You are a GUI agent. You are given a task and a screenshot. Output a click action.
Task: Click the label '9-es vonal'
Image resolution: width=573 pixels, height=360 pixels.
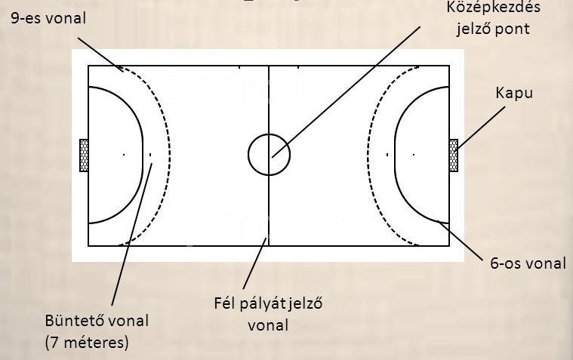pyautogui.click(x=48, y=18)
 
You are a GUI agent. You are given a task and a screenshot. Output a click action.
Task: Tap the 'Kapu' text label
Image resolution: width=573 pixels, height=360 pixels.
pyautogui.click(x=514, y=93)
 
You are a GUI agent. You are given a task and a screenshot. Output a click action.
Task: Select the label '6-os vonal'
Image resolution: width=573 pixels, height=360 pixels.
pyautogui.click(x=528, y=263)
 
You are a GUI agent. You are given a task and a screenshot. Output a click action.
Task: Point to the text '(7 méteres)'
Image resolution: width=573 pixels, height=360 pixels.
pyautogui.click(x=87, y=343)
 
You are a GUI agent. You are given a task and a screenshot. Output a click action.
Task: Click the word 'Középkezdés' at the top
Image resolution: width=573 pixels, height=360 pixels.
pyautogui.click(x=493, y=8)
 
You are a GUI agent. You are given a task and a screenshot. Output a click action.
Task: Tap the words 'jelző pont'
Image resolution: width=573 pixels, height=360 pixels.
pyautogui.click(x=493, y=29)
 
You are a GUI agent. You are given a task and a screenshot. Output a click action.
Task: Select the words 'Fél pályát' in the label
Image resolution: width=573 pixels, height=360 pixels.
pyautogui.click(x=250, y=303)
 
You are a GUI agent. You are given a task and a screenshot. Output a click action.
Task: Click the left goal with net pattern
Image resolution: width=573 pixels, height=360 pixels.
pyautogui.click(x=84, y=155)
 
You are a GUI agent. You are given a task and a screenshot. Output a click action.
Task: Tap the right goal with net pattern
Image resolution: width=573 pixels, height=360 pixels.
pyautogui.click(x=454, y=155)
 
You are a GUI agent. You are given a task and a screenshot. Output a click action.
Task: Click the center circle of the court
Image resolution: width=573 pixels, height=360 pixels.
pyautogui.click(x=269, y=134)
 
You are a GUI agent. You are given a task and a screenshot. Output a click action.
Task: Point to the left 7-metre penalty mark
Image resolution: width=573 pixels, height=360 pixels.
pyautogui.click(x=150, y=155)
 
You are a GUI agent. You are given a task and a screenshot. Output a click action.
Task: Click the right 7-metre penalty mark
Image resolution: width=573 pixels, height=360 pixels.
pyautogui.click(x=387, y=155)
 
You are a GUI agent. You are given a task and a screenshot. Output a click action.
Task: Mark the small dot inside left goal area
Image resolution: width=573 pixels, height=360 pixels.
pyautogui.click(x=124, y=155)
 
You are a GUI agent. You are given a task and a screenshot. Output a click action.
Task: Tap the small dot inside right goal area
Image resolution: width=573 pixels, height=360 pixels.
pyautogui.click(x=414, y=155)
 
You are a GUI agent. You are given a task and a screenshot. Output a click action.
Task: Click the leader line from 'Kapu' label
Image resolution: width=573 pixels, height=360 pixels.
pyautogui.click(x=482, y=128)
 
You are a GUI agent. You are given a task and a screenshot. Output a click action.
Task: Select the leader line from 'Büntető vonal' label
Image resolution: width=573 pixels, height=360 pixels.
pyautogui.click(x=132, y=234)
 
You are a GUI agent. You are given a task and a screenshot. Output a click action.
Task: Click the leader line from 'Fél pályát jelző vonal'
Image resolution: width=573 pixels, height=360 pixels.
pyautogui.click(x=254, y=263)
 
